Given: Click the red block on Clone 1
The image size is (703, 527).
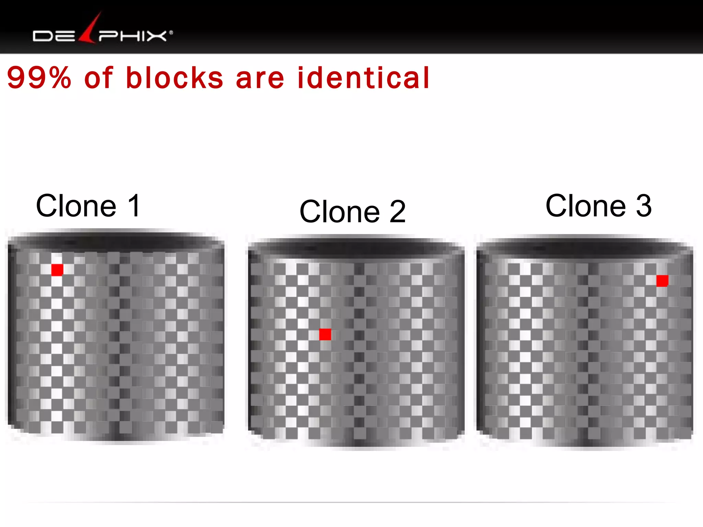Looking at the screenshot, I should (57, 270).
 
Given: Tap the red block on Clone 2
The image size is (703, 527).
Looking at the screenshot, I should (325, 334).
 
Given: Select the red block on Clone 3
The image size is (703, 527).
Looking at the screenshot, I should (662, 281).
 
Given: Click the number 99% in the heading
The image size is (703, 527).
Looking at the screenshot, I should (39, 78).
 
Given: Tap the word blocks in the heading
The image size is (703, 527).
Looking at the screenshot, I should (175, 78).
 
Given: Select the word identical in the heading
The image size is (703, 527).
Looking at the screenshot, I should (363, 78).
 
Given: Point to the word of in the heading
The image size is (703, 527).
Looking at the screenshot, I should (99, 78).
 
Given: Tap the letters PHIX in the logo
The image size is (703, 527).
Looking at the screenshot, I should (132, 36).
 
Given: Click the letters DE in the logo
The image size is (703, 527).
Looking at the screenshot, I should (54, 36).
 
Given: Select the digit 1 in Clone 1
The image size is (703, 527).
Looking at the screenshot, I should (134, 206).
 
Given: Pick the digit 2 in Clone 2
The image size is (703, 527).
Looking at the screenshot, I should (397, 212).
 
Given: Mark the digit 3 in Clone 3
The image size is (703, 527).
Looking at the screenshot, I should (644, 206).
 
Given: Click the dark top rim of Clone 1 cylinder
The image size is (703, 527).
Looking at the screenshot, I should (116, 241).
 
